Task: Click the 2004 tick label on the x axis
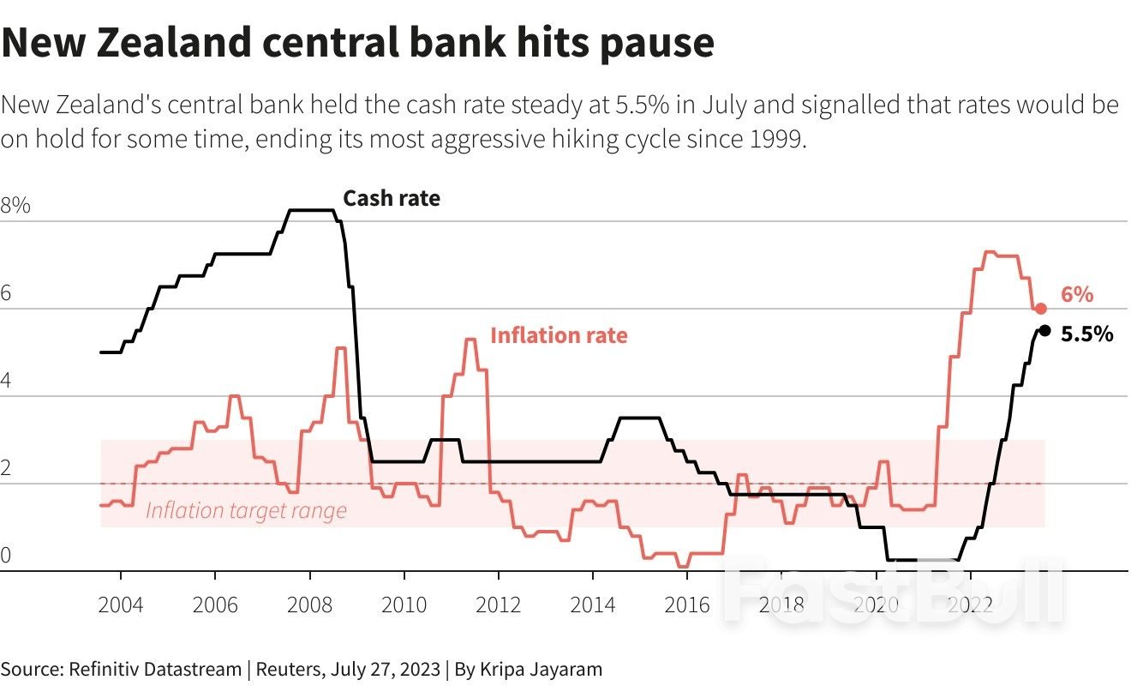(121, 605)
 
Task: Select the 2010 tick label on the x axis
(404, 605)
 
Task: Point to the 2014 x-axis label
(592, 605)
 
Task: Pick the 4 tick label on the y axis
(6, 381)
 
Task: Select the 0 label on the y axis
(6, 556)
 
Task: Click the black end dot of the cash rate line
(1044, 331)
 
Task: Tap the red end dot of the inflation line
(1040, 309)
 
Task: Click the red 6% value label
(1077, 295)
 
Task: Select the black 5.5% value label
(1086, 334)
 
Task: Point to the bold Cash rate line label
(392, 199)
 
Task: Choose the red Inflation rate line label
(559, 335)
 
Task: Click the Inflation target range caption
(246, 511)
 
